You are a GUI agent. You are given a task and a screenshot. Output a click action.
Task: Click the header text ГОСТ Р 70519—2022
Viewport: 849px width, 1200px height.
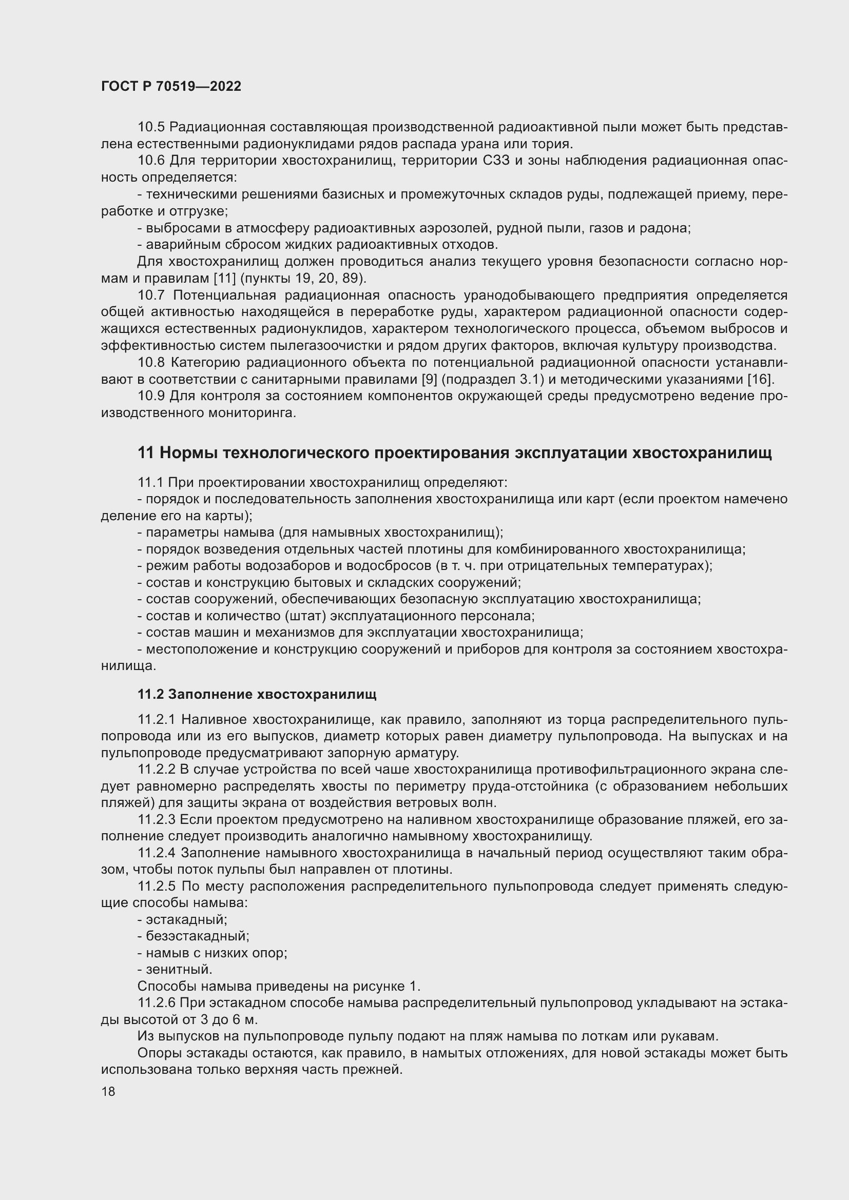tap(171, 87)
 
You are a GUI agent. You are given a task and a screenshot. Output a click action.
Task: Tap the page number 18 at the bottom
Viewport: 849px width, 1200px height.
tap(108, 1091)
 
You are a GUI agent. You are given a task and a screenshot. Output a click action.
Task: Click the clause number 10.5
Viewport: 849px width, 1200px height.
tap(151, 127)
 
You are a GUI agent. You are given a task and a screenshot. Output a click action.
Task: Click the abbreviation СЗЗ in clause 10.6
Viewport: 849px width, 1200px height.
tap(492, 161)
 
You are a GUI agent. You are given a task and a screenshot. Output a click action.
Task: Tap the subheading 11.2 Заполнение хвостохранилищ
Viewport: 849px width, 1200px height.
tap(257, 694)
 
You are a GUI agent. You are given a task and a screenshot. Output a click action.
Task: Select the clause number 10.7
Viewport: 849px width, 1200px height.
tap(151, 296)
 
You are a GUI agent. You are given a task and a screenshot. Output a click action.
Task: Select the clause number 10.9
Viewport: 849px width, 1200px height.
tap(151, 396)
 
